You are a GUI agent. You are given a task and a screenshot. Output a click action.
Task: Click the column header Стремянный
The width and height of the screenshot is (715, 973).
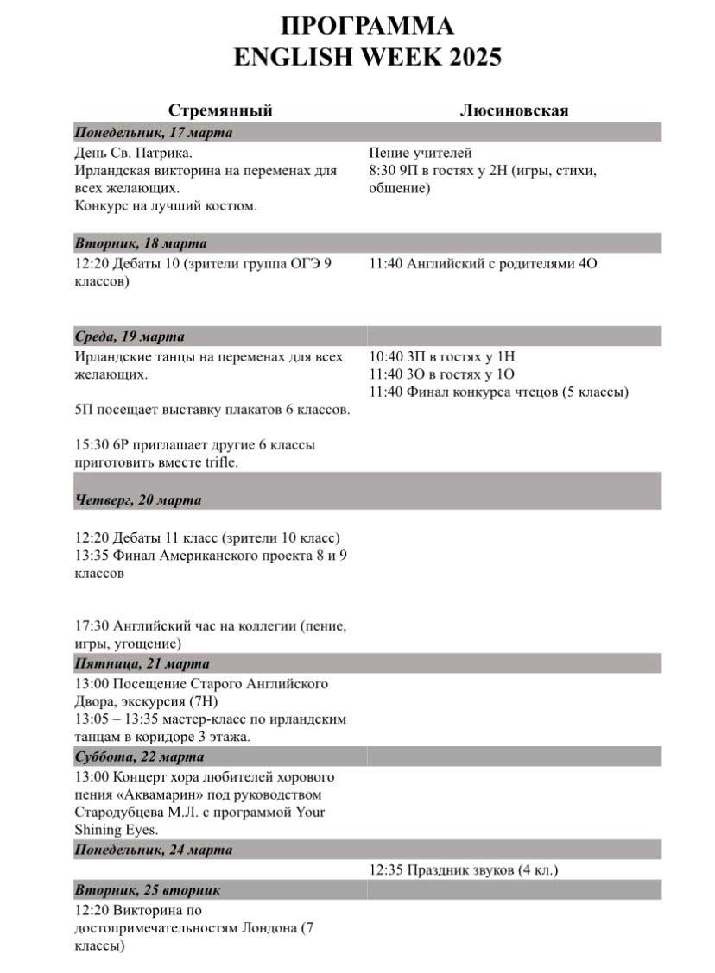220,110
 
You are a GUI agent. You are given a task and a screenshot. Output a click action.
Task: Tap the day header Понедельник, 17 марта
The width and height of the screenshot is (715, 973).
154,133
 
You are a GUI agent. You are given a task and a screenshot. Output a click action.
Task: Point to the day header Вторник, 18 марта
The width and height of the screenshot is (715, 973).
141,243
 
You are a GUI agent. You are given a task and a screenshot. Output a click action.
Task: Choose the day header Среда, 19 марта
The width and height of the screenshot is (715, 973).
130,336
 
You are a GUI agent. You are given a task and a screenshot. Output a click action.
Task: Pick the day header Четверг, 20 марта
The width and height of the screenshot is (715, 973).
138,500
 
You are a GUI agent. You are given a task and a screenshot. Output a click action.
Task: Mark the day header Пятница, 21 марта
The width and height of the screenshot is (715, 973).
142,664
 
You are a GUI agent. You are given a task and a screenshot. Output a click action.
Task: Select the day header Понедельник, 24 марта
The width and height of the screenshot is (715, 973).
154,851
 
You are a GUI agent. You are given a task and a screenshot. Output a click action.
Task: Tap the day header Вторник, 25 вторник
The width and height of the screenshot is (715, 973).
148,890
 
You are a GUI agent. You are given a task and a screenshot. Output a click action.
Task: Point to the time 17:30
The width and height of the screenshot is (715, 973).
92,626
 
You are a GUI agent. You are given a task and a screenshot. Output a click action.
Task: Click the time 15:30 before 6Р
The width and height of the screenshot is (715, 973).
92,445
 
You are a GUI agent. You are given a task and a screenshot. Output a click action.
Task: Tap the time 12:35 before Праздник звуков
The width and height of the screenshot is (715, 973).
385,870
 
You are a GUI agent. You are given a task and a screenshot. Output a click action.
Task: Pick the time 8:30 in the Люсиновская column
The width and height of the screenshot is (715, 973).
382,172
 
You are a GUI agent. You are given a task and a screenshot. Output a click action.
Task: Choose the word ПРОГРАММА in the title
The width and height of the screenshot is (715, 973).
368,24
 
